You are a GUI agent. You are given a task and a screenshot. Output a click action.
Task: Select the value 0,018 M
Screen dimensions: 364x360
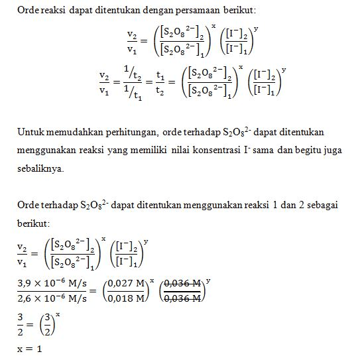click(x=126, y=298)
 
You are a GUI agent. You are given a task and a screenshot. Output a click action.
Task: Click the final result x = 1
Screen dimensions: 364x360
click(x=29, y=349)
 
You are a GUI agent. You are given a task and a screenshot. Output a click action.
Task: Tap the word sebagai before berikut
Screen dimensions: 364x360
click(x=322, y=206)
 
